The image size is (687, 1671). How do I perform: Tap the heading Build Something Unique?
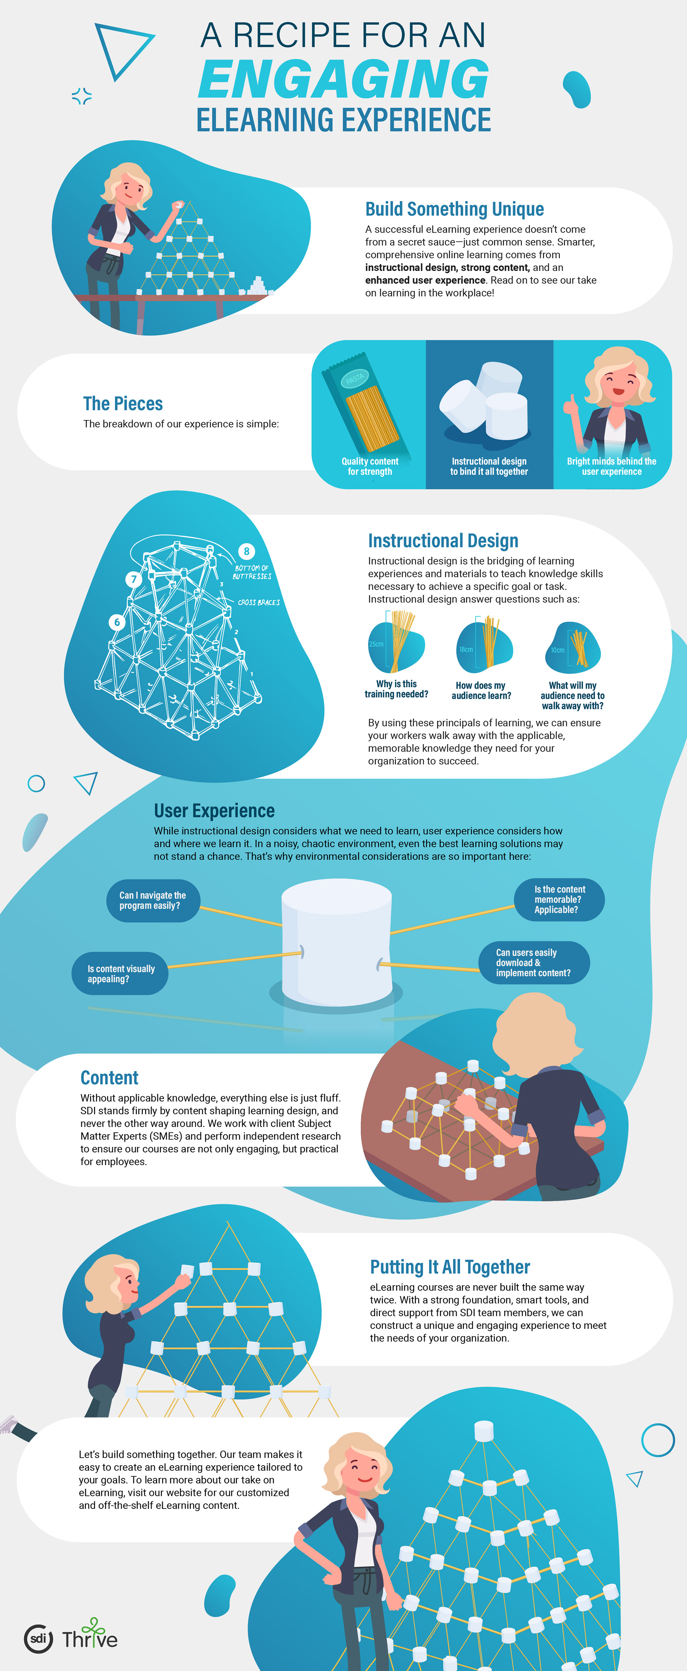[x=454, y=209]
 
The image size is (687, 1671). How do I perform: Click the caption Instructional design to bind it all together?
[x=489, y=466]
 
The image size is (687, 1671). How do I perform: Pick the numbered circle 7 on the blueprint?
[x=133, y=579]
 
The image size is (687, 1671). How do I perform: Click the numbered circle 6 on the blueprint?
[x=117, y=622]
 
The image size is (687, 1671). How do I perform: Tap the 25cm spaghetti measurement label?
[x=376, y=644]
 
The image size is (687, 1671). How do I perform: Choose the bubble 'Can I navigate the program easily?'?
[x=152, y=900]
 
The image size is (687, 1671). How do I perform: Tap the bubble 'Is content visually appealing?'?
[x=121, y=974]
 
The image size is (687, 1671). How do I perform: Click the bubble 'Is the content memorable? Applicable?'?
[x=559, y=900]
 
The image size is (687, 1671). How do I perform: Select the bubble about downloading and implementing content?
[x=533, y=963]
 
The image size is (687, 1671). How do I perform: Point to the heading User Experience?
[x=214, y=811]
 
